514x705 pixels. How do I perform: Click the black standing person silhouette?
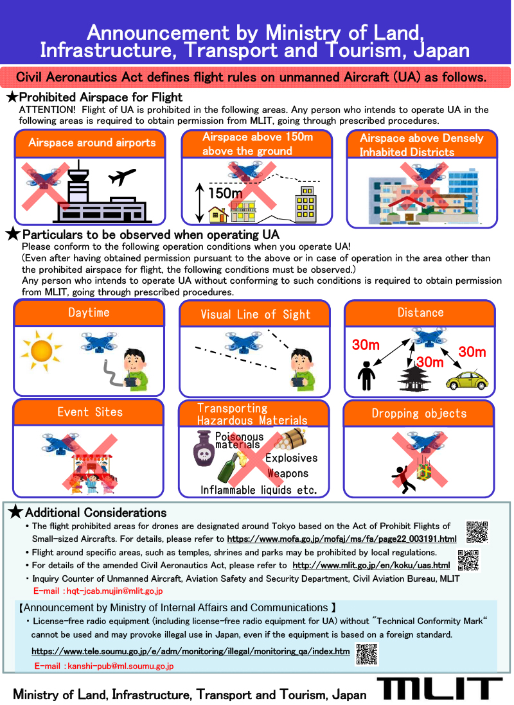click(x=366, y=376)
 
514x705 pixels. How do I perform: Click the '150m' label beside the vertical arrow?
click(x=225, y=193)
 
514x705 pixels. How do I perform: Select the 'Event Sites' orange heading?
click(x=89, y=412)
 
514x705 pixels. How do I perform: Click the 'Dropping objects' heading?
click(x=419, y=413)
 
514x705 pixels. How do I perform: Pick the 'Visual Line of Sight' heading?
click(x=255, y=314)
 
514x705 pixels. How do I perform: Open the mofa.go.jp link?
click(x=342, y=539)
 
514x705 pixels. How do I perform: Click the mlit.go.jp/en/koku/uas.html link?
click(x=371, y=565)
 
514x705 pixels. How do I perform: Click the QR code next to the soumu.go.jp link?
click(x=367, y=654)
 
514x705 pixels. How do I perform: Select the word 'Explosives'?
click(x=291, y=458)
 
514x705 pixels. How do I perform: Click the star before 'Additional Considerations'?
click(x=15, y=512)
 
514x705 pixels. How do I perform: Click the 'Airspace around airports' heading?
click(x=92, y=143)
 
